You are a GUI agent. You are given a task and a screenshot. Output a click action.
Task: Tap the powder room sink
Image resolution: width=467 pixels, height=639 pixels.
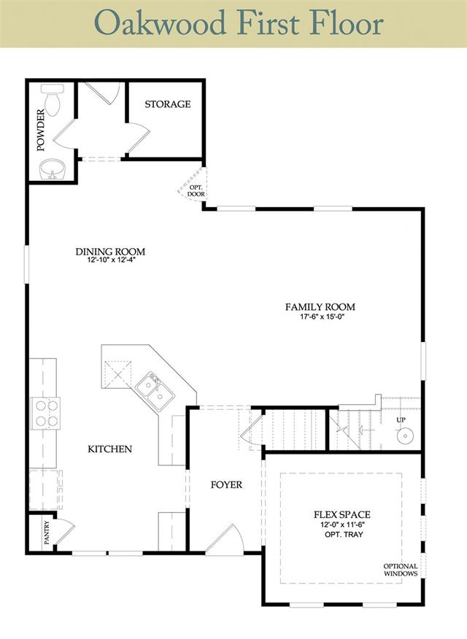tap(53, 169)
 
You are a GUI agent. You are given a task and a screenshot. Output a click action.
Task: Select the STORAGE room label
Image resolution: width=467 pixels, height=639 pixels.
tap(168, 104)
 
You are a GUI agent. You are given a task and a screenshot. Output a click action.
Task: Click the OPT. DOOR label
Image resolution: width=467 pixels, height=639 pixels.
tap(196, 190)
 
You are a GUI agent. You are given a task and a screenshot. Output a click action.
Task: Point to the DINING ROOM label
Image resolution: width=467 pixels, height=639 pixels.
tap(110, 252)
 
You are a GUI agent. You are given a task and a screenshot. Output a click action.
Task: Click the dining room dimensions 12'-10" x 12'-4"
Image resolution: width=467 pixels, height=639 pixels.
tap(110, 260)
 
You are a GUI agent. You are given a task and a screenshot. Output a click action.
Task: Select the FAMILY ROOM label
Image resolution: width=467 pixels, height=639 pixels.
tap(320, 307)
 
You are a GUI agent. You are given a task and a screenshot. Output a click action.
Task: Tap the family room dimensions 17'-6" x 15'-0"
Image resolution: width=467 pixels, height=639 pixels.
tap(320, 317)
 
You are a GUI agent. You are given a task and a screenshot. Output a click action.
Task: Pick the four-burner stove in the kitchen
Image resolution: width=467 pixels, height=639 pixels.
tap(46, 413)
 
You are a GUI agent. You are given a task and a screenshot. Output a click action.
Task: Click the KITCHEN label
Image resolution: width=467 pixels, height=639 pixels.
tap(110, 449)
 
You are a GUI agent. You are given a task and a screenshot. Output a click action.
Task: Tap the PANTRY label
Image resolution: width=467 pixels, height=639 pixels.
tap(47, 532)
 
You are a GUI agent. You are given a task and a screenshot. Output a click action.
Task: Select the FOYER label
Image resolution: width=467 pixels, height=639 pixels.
tap(226, 485)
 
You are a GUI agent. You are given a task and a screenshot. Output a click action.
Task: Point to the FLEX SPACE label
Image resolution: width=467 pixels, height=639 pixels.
tap(342, 515)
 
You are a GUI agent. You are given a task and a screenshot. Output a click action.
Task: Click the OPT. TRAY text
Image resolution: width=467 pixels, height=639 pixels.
tap(344, 534)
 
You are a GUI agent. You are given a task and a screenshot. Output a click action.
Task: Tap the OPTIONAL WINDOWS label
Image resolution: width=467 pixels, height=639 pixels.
tap(400, 570)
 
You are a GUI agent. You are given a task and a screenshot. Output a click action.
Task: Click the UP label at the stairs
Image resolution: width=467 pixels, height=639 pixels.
tap(401, 419)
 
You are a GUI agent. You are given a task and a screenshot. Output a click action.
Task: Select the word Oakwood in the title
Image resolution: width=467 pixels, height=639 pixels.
tap(160, 23)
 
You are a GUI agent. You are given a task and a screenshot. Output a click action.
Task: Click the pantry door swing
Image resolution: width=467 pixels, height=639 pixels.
tap(65, 530)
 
